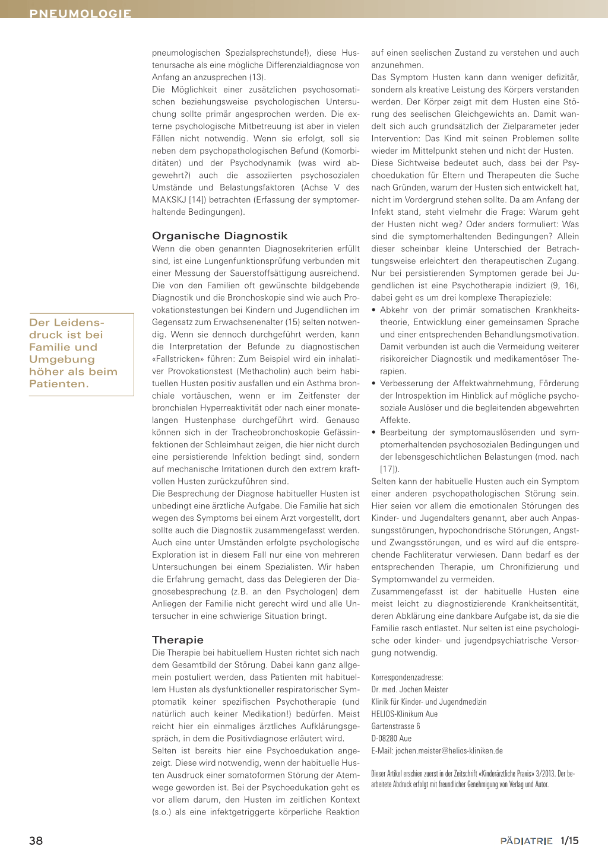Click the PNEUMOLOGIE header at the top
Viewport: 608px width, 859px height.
[80, 13]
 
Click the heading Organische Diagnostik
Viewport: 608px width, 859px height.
[220, 236]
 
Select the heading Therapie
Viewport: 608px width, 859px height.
[178, 640]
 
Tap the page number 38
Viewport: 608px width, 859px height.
[36, 841]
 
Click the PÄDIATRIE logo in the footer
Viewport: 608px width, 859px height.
[526, 841]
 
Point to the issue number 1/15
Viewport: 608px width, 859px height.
[569, 841]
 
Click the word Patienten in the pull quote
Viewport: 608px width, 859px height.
[58, 384]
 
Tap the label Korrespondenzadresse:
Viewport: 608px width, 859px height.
[407, 677]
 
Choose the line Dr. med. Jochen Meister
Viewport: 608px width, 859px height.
[410, 689]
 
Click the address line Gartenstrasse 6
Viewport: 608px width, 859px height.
[395, 726]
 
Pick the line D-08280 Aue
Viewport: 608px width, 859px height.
[391, 738]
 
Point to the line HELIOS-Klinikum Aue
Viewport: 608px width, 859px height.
[404, 714]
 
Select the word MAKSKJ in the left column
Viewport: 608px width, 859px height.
[168, 200]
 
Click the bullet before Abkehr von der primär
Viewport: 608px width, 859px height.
[373, 310]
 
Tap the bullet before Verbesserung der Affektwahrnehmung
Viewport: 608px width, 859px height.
[373, 384]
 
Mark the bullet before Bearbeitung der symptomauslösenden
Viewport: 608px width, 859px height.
[373, 432]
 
